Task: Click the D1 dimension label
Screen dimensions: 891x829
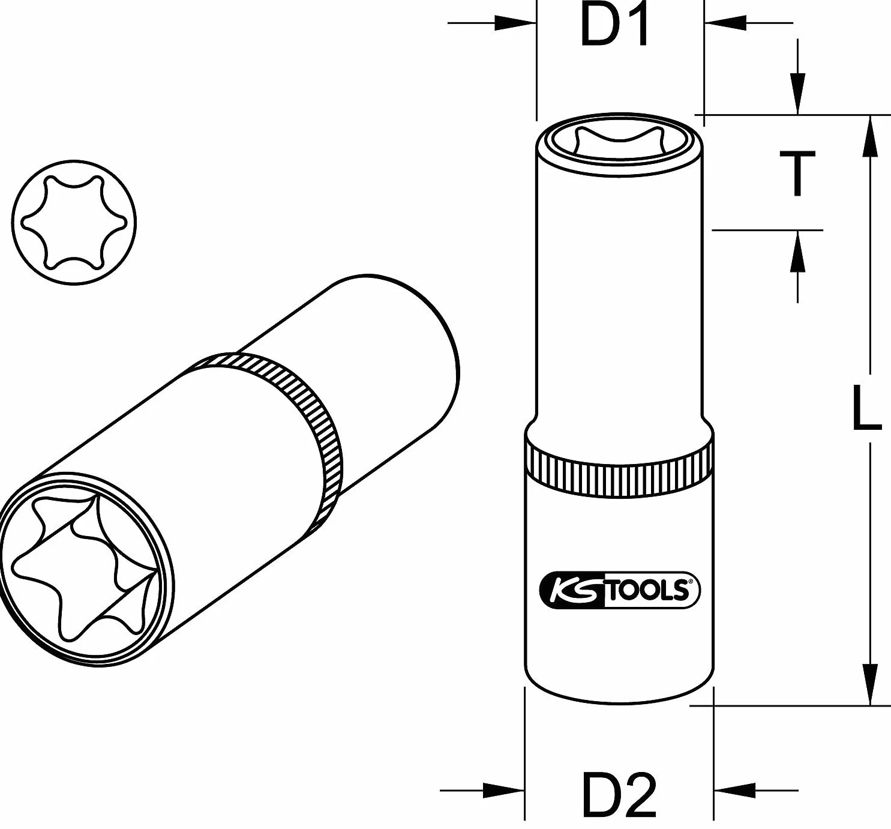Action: click(x=614, y=25)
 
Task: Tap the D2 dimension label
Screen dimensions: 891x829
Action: click(x=619, y=794)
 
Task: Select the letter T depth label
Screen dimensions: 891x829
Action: click(x=797, y=174)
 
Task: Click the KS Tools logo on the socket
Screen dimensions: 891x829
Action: click(x=619, y=590)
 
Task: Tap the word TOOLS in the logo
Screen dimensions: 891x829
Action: click(x=647, y=590)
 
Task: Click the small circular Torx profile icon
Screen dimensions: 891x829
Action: click(x=74, y=222)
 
